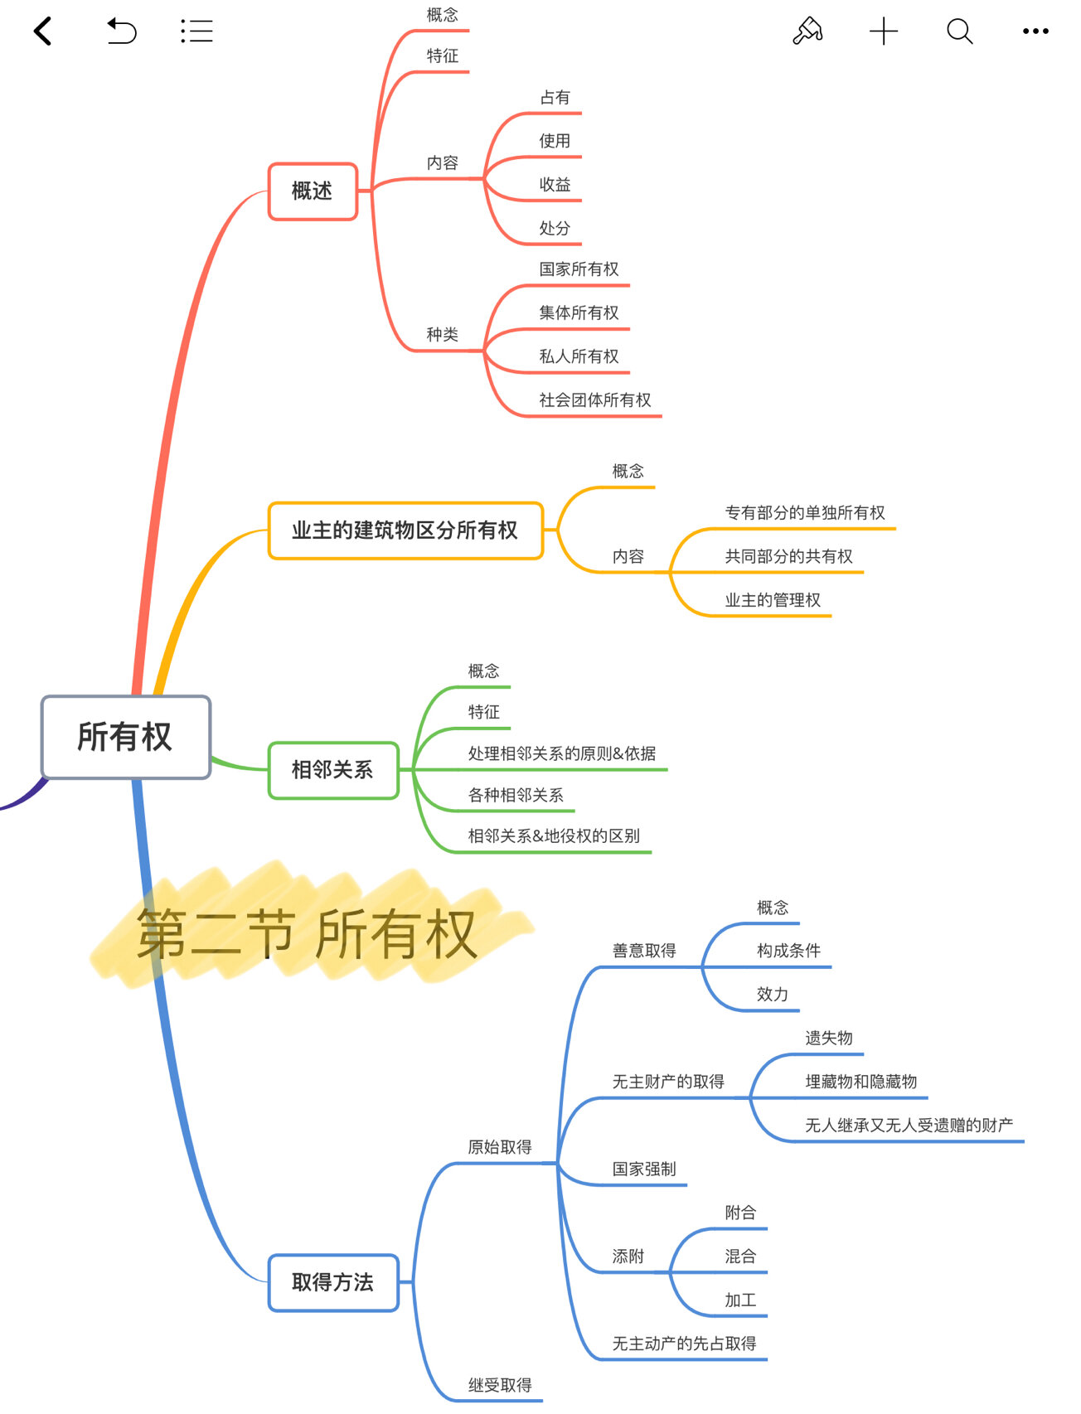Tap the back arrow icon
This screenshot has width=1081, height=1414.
click(x=43, y=31)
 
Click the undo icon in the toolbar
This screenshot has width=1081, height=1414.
click(x=121, y=31)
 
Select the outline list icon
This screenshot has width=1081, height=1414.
click(x=196, y=31)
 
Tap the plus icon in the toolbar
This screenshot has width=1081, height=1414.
click(x=884, y=31)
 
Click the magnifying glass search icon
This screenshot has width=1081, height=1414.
click(x=959, y=31)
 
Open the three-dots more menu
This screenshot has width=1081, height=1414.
click(x=1035, y=31)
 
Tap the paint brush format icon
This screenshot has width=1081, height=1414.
click(x=807, y=31)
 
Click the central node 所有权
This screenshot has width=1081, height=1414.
click(x=126, y=737)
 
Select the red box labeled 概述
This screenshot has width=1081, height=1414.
click(x=313, y=191)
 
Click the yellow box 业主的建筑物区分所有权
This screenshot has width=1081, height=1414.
click(x=405, y=530)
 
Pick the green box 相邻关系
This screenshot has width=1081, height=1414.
click(x=333, y=770)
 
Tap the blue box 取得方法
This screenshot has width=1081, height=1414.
click(x=333, y=1282)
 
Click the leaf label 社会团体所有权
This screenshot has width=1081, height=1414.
click(x=595, y=400)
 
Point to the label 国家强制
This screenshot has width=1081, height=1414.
click(x=644, y=1169)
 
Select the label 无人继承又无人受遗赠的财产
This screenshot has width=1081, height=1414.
click(x=909, y=1125)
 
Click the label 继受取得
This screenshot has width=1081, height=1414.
click(x=500, y=1385)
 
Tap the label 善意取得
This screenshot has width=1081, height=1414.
click(x=644, y=951)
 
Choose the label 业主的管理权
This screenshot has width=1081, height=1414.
click(x=773, y=600)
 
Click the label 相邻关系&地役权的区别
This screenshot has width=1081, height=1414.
click(x=554, y=836)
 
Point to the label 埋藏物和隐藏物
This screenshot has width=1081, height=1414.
click(x=861, y=1082)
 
